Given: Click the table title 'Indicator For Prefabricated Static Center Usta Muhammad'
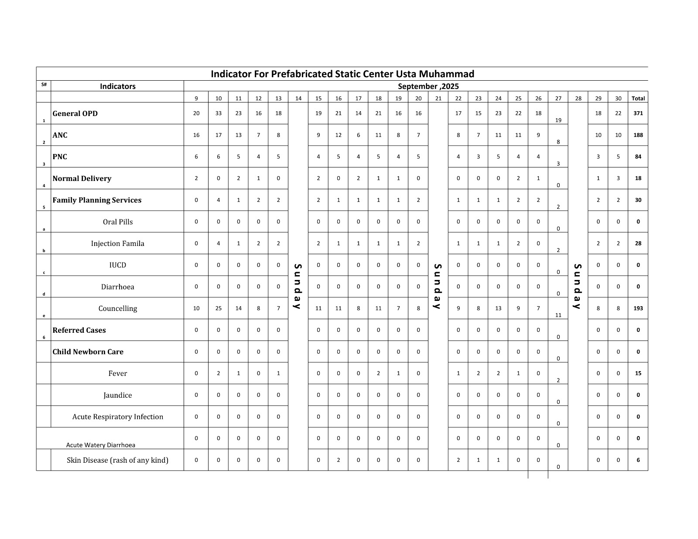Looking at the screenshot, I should click(x=342, y=74).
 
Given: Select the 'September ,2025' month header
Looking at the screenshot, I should click(x=428, y=86).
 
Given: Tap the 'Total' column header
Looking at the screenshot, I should click(x=638, y=98).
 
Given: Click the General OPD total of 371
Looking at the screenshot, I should click(x=638, y=113).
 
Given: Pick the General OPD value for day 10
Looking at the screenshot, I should click(x=218, y=113).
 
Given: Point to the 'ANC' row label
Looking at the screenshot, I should click(x=60, y=135).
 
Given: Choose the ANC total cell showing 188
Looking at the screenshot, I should click(x=638, y=135).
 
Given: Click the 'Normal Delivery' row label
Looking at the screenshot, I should click(x=82, y=178).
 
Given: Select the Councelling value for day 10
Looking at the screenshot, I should click(x=218, y=308).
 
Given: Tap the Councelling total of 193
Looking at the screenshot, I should click(x=638, y=308).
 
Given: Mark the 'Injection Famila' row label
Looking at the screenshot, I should click(x=117, y=243).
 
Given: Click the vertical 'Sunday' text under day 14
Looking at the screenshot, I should click(x=298, y=286).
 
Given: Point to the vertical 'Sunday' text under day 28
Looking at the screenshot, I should click(x=578, y=286).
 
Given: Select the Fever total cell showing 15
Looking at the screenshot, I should click(x=638, y=373).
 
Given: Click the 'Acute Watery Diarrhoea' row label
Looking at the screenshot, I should click(x=101, y=445).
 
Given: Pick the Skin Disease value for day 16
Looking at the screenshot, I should click(x=338, y=460).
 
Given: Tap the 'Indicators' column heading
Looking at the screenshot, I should click(x=117, y=86).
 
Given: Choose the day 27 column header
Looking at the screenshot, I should click(x=558, y=98).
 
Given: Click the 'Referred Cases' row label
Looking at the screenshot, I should click(x=79, y=330).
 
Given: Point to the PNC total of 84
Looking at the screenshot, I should click(x=638, y=157).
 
